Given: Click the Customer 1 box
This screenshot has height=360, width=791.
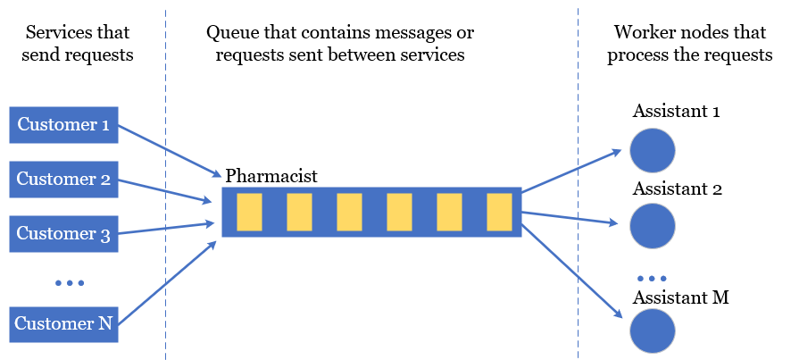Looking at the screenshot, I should (62, 125).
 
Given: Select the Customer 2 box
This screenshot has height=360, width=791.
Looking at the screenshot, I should (62, 180).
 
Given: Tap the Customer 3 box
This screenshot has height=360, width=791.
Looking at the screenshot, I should (62, 234).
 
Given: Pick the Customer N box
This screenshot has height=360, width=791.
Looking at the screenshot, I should (62, 324).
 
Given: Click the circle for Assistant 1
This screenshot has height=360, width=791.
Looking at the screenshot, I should (653, 150).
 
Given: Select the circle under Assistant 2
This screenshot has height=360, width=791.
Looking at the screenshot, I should (653, 227).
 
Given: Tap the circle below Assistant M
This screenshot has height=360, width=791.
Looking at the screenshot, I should (653, 330).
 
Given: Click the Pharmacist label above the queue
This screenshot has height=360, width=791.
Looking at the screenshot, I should (271, 175).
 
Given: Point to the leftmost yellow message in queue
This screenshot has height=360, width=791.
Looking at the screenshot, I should (249, 212).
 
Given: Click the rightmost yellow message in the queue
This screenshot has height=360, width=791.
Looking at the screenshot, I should (499, 212).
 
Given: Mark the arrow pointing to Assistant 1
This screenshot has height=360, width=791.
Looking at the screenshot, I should (571, 170).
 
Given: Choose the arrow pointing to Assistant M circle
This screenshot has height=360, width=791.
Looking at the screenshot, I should (571, 270).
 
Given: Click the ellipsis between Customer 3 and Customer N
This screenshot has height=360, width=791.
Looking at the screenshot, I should (69, 283).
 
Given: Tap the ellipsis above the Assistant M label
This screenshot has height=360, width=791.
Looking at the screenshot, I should (652, 278).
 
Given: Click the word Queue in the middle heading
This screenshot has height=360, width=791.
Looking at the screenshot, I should (231, 34).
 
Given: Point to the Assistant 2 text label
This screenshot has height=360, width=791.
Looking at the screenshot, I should (677, 189).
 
